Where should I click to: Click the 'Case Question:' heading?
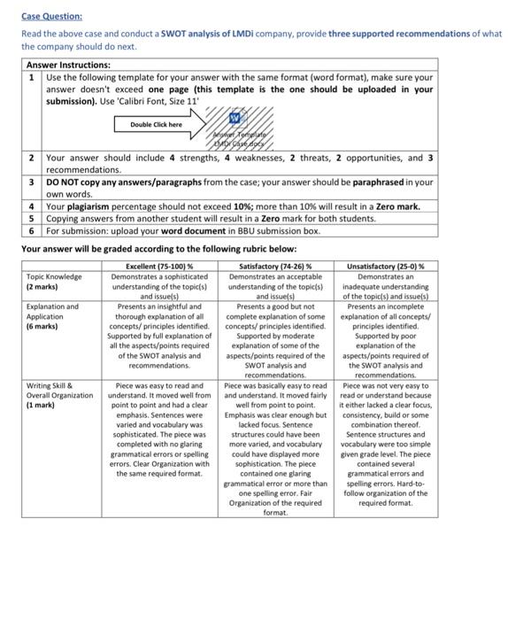tap(51, 16)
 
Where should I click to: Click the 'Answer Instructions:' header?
tap(68, 65)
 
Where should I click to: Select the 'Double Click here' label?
tap(158, 125)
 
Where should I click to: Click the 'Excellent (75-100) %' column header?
tap(159, 265)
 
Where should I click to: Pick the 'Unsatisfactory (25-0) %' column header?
tap(385, 265)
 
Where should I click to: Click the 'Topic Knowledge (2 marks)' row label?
tap(54, 282)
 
